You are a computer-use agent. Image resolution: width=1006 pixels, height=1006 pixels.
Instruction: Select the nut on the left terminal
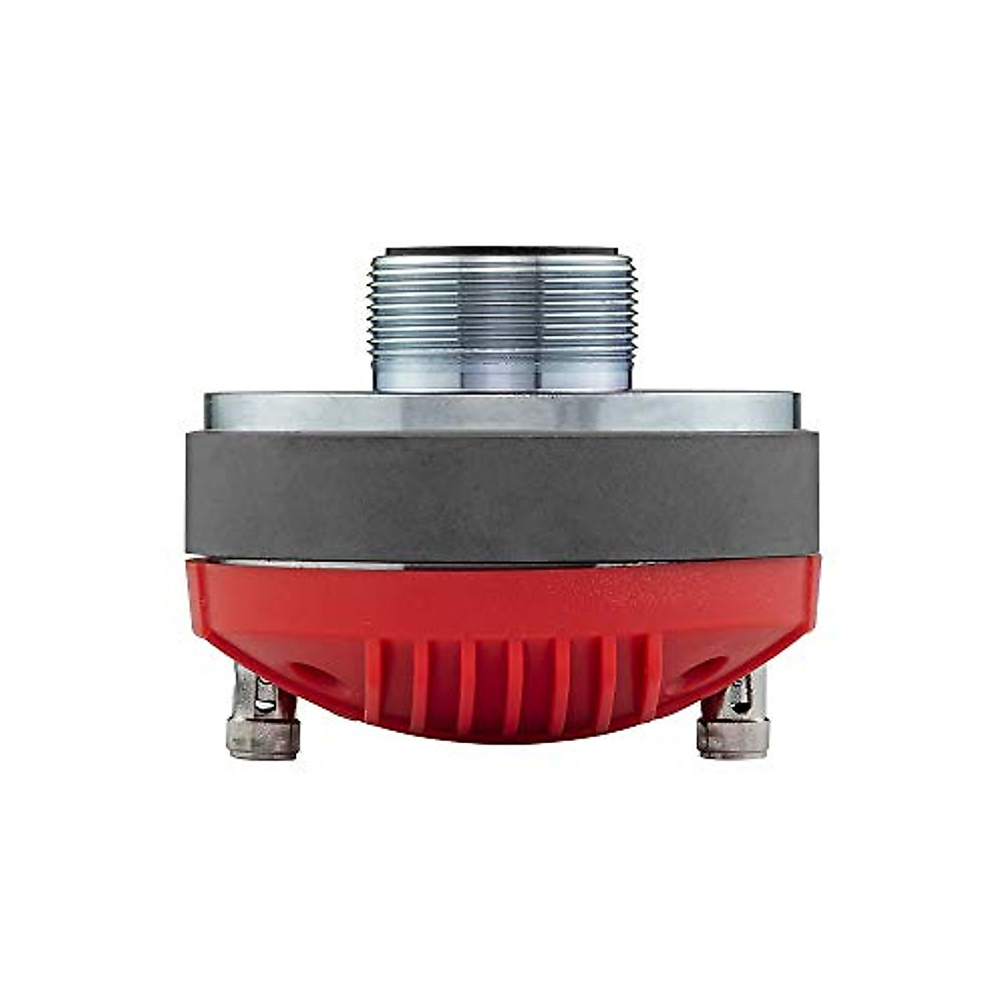click(263, 738)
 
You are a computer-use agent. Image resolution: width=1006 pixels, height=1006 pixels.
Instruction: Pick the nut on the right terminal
click(733, 738)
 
